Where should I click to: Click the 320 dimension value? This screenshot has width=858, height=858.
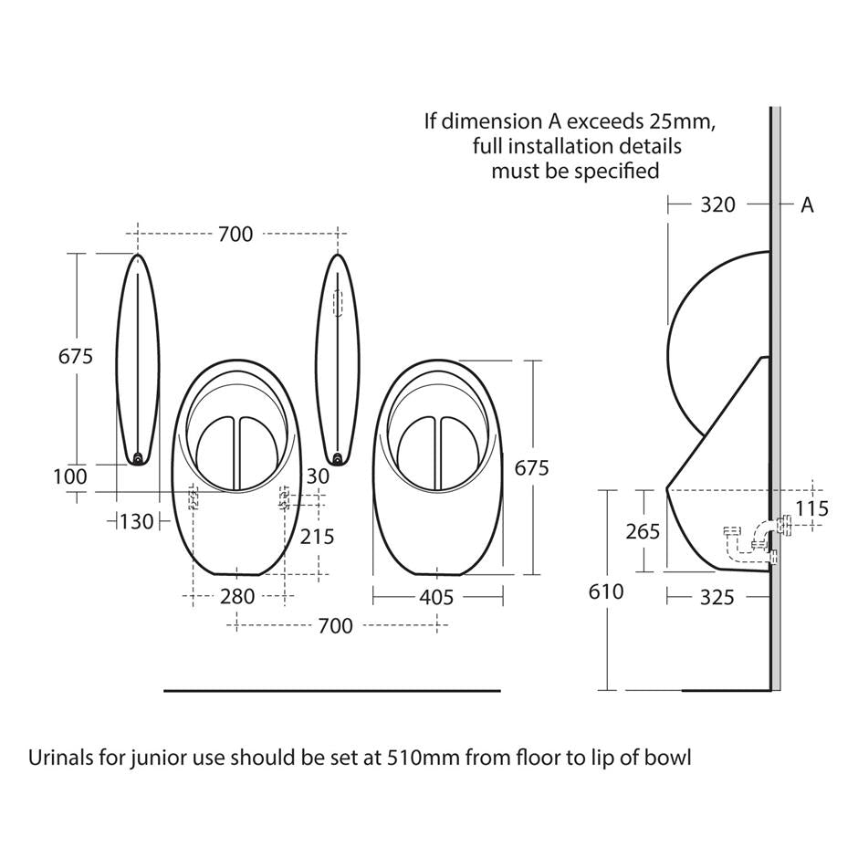[717, 205]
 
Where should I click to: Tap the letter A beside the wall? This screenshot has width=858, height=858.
[807, 205]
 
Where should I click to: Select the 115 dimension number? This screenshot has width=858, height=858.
[811, 508]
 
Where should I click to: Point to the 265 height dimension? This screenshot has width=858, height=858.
[643, 530]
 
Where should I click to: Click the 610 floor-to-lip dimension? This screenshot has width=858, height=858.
[606, 591]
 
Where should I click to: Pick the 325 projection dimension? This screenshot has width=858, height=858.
[717, 597]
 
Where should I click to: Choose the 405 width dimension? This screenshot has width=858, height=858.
[436, 597]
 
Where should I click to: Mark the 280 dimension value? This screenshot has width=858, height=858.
[238, 597]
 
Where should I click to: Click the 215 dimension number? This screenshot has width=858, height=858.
[317, 537]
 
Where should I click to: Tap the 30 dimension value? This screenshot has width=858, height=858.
[317, 476]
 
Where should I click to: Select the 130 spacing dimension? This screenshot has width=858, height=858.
[137, 521]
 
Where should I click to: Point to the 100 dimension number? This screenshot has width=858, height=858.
[70, 476]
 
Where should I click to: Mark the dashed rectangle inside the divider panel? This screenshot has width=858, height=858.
[338, 303]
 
